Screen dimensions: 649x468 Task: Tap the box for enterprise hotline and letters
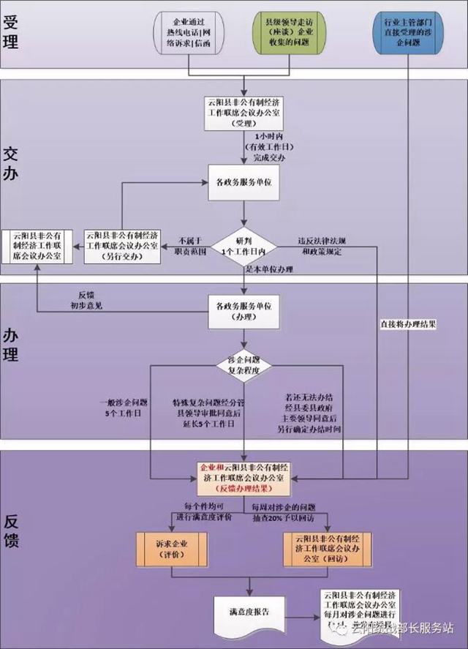pos(189,32)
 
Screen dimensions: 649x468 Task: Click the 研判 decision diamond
pos(244,246)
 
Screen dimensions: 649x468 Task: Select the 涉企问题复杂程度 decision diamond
pos(244,363)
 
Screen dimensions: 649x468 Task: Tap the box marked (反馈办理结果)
pos(244,479)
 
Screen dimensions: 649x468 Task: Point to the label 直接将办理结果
pos(408,323)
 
